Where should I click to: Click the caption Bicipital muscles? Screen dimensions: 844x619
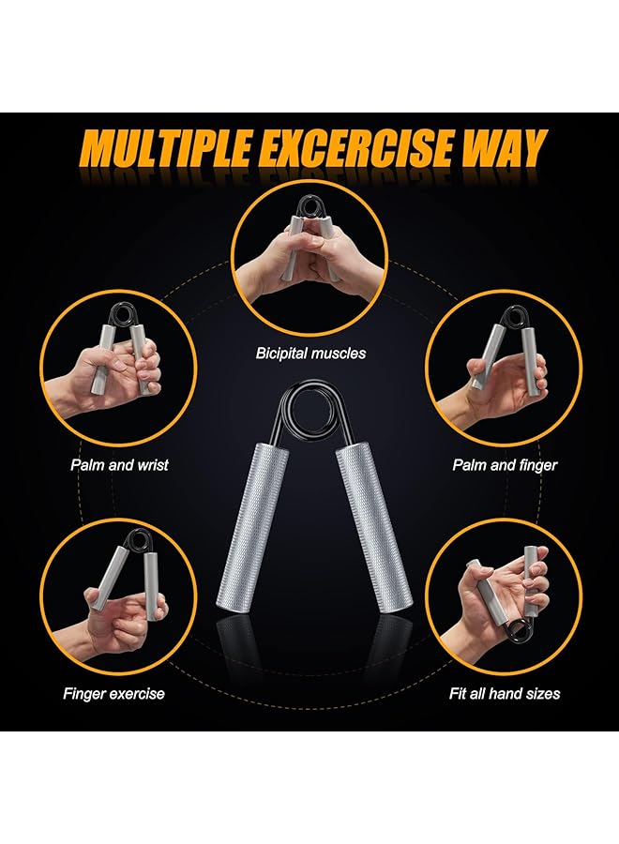pyautogui.click(x=310, y=354)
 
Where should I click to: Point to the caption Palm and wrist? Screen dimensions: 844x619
pyautogui.click(x=119, y=463)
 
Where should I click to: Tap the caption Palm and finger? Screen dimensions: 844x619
pyautogui.click(x=505, y=464)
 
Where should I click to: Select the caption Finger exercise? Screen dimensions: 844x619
pyautogui.click(x=113, y=694)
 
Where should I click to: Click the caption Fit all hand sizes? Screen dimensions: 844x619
pyautogui.click(x=503, y=694)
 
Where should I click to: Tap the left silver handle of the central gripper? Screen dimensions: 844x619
pyautogui.click(x=251, y=530)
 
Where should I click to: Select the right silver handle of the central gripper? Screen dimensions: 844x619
pyautogui.click(x=368, y=530)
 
